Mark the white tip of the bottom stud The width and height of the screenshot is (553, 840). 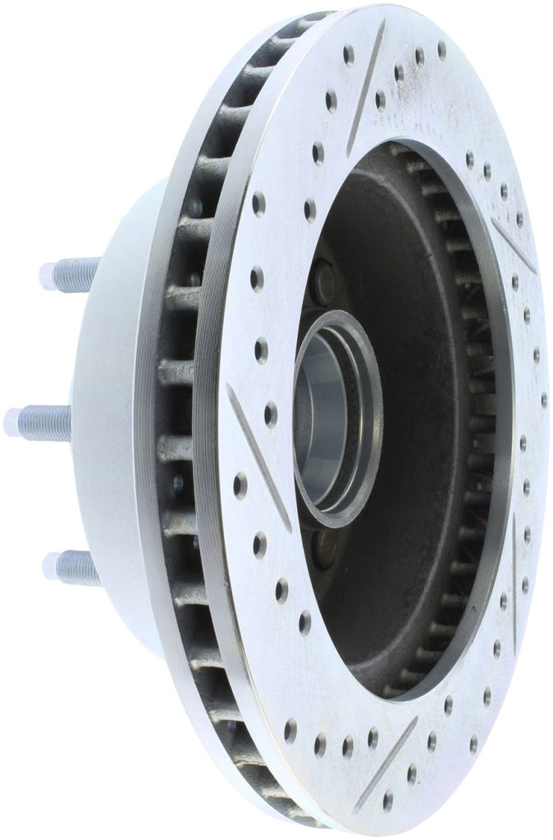(52, 565)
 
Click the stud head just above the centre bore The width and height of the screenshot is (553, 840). (321, 283)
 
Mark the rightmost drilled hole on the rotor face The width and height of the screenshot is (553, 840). (543, 400)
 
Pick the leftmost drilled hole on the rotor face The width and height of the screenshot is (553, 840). (240, 486)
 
